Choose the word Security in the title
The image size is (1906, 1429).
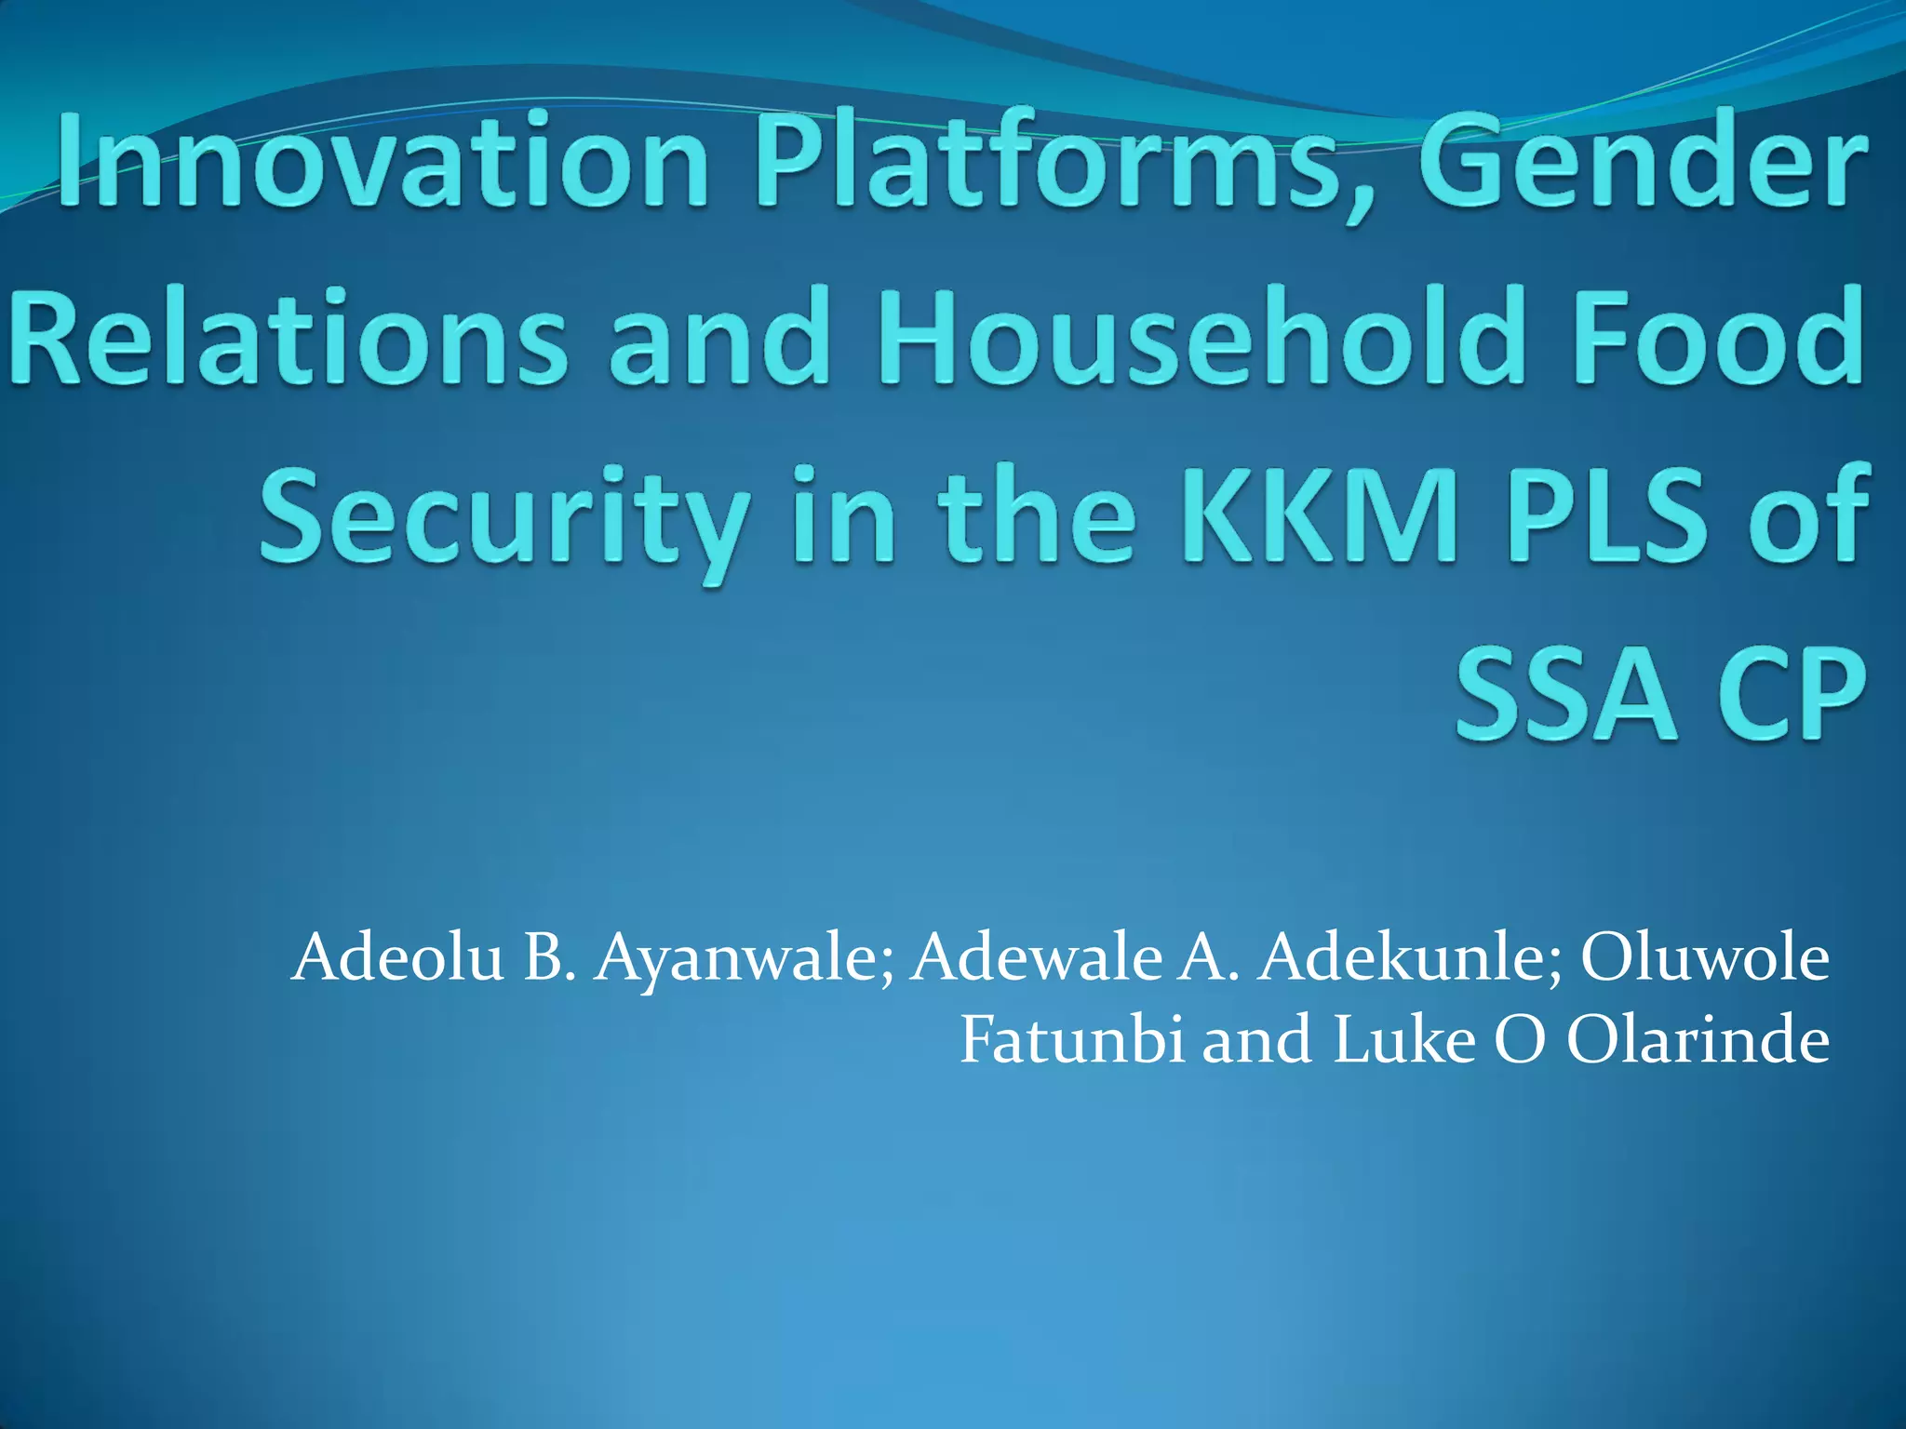[x=503, y=517]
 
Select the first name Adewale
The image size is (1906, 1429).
[x=1033, y=958]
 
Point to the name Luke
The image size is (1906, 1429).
[x=1404, y=1039]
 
